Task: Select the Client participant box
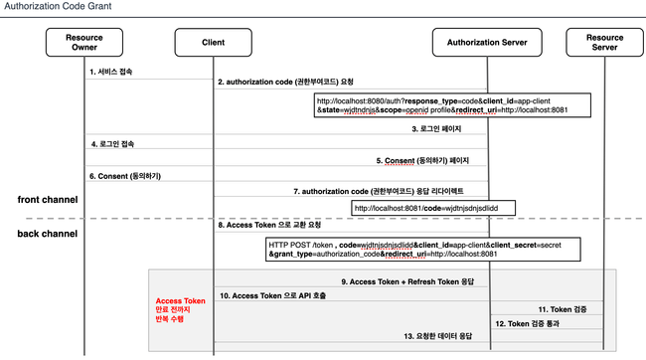point(214,43)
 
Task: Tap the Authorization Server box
point(487,43)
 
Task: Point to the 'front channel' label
point(51,200)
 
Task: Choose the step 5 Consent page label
point(422,160)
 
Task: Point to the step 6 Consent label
point(124,176)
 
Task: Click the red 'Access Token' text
point(180,300)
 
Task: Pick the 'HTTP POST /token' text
point(300,243)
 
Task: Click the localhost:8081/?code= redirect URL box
point(433,208)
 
